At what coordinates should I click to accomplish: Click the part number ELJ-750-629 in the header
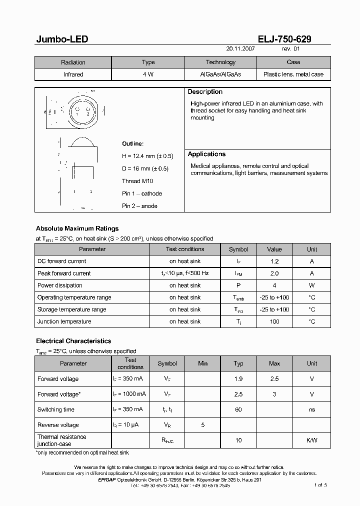(x=284, y=39)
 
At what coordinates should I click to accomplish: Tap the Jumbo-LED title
(x=62, y=39)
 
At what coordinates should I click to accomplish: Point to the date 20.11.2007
(x=240, y=49)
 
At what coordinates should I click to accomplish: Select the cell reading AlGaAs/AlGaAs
(x=220, y=74)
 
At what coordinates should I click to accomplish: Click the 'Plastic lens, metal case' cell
(x=293, y=74)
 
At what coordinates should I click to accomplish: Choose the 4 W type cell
(x=148, y=74)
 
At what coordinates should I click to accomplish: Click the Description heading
(x=205, y=92)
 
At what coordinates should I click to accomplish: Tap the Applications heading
(x=206, y=154)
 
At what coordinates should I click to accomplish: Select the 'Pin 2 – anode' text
(x=139, y=205)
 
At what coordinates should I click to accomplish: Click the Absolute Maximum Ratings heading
(x=77, y=228)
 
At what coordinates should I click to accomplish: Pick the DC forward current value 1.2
(x=274, y=261)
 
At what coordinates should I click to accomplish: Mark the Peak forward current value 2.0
(x=274, y=273)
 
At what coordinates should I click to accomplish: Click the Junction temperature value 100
(x=274, y=321)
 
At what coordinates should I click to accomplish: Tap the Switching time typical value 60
(x=238, y=409)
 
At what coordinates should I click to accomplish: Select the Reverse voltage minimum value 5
(x=202, y=425)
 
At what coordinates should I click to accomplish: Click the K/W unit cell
(x=311, y=440)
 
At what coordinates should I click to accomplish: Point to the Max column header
(x=274, y=363)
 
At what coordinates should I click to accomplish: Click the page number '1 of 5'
(x=320, y=485)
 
